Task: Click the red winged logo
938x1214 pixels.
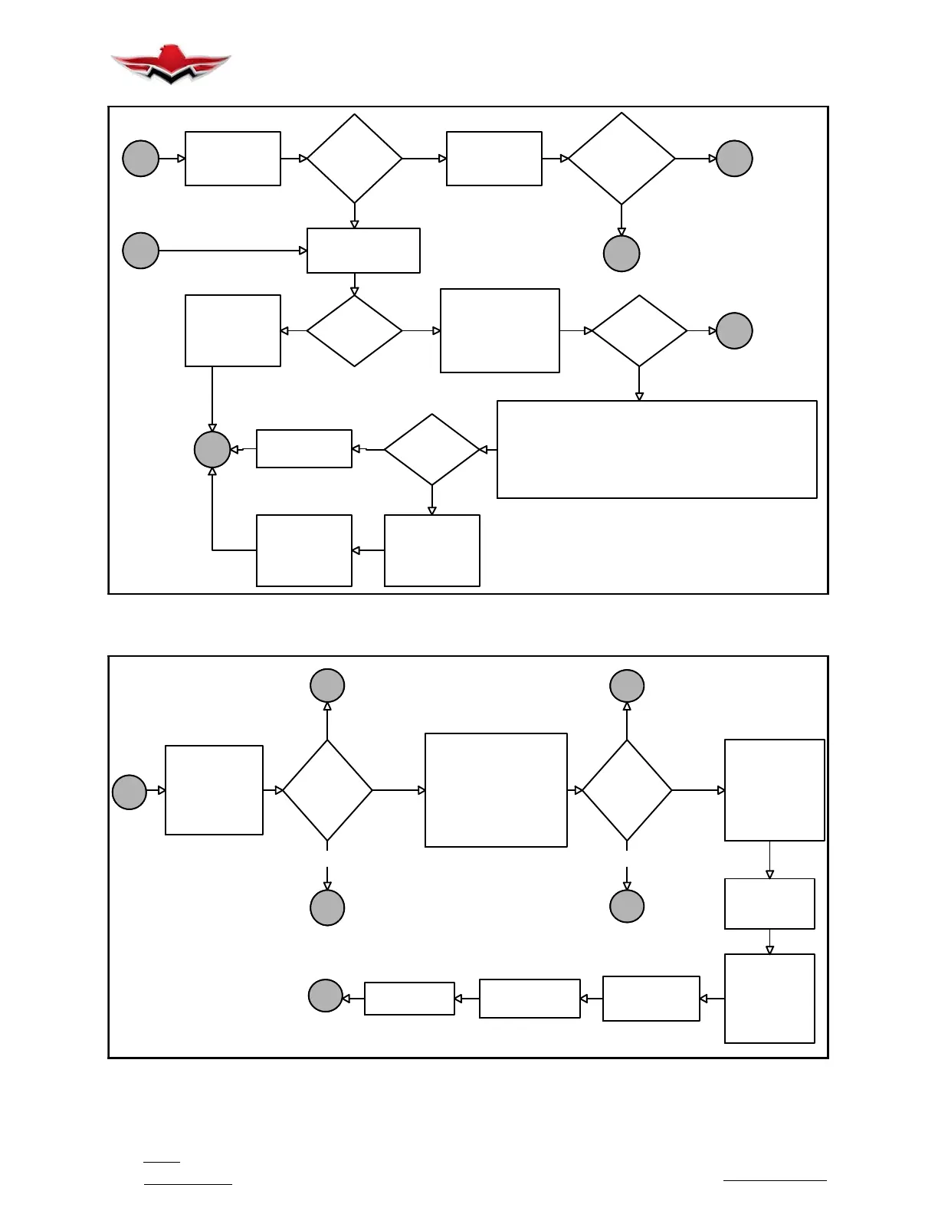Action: [170, 64]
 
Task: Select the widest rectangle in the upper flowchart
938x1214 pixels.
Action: [657, 449]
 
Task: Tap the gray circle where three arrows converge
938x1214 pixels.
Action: [212, 449]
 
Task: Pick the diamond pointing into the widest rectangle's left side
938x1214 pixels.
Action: [431, 449]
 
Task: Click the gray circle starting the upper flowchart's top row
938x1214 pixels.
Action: [140, 159]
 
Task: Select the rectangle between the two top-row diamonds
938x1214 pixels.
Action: [494, 159]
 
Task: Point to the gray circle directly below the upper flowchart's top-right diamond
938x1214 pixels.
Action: [622, 254]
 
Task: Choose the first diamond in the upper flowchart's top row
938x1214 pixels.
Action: [354, 159]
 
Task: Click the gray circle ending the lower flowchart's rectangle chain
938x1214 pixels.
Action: [325, 996]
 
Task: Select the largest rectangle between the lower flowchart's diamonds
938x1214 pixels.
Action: [496, 790]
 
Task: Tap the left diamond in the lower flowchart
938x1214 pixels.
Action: [327, 790]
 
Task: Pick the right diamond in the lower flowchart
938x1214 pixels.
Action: [627, 790]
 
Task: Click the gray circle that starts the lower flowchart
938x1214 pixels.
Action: [130, 792]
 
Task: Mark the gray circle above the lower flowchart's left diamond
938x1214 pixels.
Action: [327, 685]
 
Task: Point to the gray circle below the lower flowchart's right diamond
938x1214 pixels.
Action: [627, 907]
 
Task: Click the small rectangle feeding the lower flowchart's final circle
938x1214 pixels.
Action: [409, 999]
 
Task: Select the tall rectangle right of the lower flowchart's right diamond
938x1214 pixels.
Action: [774, 790]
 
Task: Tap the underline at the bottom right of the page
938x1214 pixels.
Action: [775, 1181]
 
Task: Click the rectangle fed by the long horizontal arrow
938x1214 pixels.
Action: [363, 251]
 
